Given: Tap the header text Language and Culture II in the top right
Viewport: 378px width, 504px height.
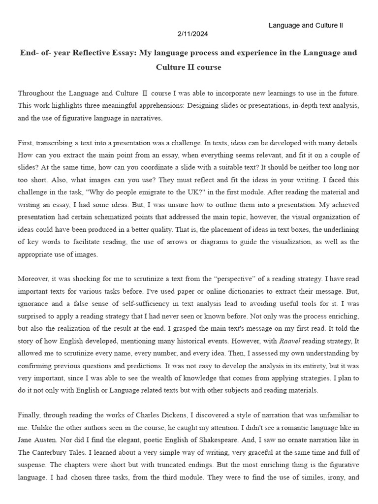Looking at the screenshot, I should click(x=306, y=25).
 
